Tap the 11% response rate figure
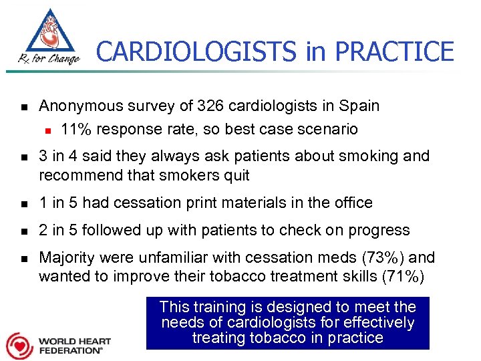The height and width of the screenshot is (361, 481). [x=74, y=129]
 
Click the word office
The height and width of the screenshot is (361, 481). [x=352, y=203]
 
